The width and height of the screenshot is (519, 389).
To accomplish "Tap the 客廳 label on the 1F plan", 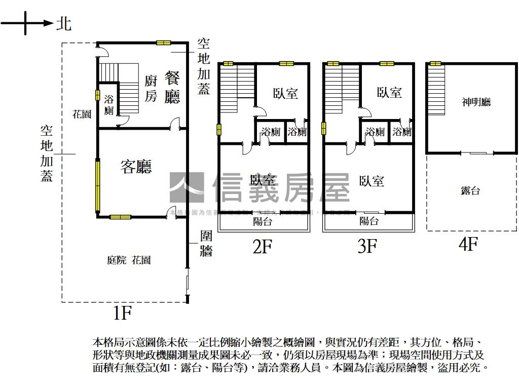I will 136,166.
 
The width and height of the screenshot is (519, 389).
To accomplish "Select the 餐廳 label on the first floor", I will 172,88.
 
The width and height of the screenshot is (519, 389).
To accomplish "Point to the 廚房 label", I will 151,88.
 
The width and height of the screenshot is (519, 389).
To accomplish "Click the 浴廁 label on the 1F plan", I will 109,104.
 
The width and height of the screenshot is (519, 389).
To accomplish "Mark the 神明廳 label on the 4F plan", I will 476,102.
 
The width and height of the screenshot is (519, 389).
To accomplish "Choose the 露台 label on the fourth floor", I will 470,190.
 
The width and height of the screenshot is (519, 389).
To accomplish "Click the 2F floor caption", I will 263,246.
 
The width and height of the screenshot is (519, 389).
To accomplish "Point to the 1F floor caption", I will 122,313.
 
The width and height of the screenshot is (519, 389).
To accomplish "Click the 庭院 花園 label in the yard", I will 129,260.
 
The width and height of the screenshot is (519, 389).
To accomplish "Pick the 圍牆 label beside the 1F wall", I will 206,243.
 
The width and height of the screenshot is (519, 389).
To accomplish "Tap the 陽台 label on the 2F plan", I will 263,221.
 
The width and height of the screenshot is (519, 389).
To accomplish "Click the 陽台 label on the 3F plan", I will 368,221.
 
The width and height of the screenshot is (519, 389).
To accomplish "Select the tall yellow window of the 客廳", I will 97,186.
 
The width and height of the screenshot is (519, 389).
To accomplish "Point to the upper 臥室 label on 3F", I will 389,92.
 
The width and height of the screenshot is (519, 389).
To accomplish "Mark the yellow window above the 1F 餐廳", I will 163,43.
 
